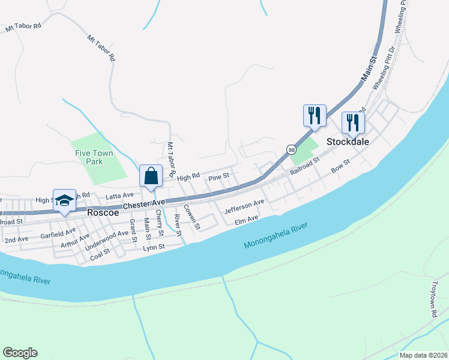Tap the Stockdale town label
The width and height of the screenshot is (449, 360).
pyautogui.click(x=347, y=142)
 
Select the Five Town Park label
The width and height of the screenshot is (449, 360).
pyautogui.click(x=94, y=157)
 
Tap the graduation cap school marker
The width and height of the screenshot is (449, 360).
pyautogui.click(x=64, y=200)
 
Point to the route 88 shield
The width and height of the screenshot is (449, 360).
pyautogui.click(x=291, y=149)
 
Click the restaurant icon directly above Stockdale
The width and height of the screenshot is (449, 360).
pyautogui.click(x=352, y=122)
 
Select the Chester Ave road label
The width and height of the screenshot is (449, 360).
pyautogui.click(x=143, y=205)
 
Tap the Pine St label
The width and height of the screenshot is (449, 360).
pyautogui.click(x=218, y=178)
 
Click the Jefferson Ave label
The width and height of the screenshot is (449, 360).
pyautogui.click(x=244, y=207)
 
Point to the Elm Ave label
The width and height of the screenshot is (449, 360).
pyautogui.click(x=246, y=220)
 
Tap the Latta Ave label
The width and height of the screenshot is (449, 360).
pyautogui.click(x=119, y=196)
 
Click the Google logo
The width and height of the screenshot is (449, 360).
pyautogui.click(x=20, y=353)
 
